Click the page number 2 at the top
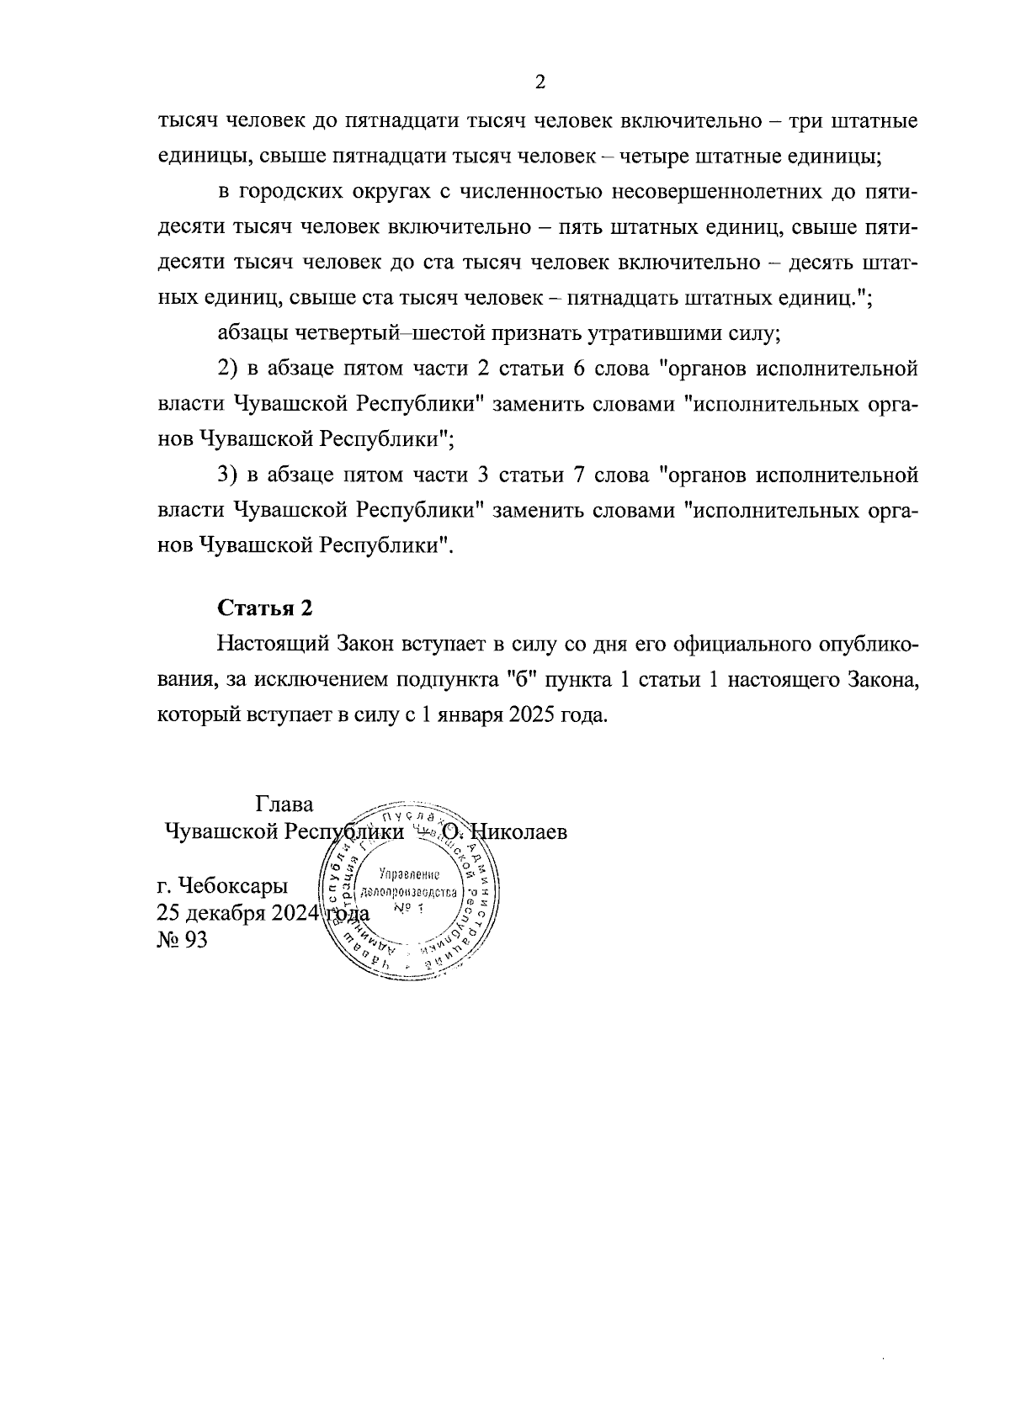pos(540,82)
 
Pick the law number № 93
pos(182,940)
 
